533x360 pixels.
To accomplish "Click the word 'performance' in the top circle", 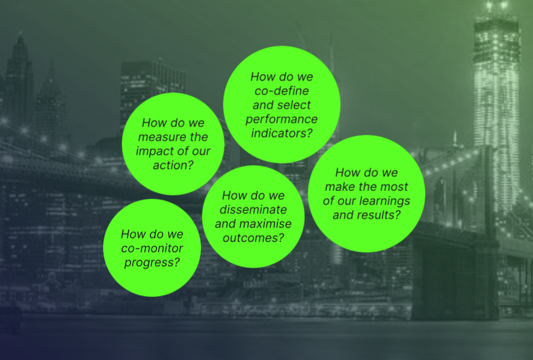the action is (x=282, y=119).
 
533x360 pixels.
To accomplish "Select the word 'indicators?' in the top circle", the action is (x=282, y=133).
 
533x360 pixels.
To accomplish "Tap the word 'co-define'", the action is (x=282, y=91).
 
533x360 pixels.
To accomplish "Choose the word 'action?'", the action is (x=173, y=165).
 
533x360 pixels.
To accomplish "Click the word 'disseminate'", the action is (x=253, y=210).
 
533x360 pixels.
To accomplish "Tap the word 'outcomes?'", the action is (x=253, y=238).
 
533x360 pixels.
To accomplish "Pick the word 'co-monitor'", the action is (x=152, y=248).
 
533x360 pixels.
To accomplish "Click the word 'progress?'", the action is (x=152, y=263).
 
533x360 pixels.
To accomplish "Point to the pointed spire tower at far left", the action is (x=20, y=82).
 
